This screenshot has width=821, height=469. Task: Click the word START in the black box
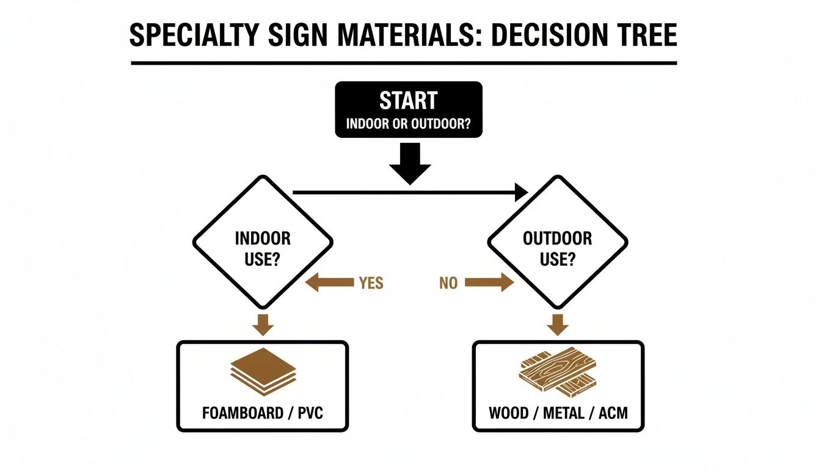click(408, 100)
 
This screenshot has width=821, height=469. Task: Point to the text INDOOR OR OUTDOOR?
click(408, 123)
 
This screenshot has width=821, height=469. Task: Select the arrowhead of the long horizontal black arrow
click(521, 192)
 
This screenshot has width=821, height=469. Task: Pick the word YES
click(371, 283)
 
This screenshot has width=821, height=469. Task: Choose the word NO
click(448, 283)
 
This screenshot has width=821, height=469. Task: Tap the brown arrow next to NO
click(489, 283)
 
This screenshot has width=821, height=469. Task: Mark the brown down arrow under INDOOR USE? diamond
click(263, 324)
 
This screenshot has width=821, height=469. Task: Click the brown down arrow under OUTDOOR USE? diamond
click(557, 324)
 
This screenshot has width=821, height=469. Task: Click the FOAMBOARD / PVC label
click(262, 413)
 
